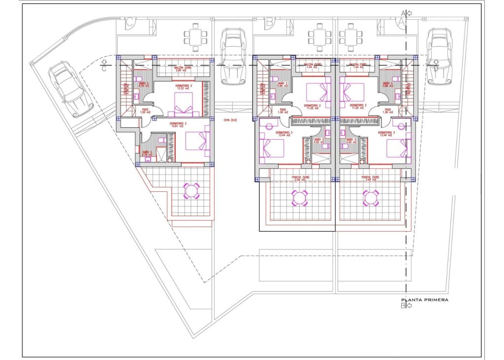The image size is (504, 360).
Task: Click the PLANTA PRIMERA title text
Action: click(425, 299)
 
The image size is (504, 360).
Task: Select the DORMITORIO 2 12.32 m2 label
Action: click(183, 88)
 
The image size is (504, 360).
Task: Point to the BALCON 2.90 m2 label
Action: click(181, 69)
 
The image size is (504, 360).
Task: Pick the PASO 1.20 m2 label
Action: click(145, 111)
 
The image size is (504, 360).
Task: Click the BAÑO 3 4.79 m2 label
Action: click(147, 153)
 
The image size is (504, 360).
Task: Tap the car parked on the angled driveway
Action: click(71, 89)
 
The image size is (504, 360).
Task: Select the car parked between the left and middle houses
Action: click(233, 55)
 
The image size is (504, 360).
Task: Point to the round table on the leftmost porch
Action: click(191, 190)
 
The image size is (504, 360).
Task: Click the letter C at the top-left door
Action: click(129, 22)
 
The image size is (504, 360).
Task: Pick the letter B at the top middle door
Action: click(269, 22)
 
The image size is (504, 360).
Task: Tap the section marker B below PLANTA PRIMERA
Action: click(403, 306)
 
